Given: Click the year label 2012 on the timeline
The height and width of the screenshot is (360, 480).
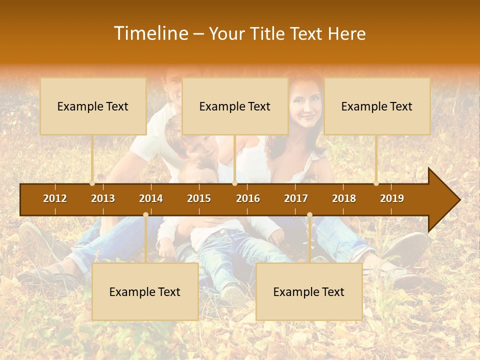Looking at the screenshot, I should pos(55,198).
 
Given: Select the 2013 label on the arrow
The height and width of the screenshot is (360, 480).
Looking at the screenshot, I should pos(103,198).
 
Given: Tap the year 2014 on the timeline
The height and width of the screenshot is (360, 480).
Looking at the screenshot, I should pos(151,198).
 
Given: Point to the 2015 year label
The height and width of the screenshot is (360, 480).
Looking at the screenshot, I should pos(199,198).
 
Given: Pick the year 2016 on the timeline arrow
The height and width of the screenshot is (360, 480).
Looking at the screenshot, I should pos(248,198).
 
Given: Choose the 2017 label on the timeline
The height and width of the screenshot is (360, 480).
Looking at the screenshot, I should pos(296,198).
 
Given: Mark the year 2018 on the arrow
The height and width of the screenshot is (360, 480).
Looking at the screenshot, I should pos(344,198).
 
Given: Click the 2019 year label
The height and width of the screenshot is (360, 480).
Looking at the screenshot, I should pos(392,198).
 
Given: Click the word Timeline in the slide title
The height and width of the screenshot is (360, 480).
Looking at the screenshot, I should pos(150,33).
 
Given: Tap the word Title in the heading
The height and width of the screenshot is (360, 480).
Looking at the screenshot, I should pos(268,34).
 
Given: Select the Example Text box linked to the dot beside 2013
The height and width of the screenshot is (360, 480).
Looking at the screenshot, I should pos(93,106).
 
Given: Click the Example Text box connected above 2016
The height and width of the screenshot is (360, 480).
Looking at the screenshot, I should pos(235,106).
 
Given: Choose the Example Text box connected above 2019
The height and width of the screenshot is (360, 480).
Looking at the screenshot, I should pos(377,106).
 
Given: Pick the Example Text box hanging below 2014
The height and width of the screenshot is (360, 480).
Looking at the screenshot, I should pos(145,291).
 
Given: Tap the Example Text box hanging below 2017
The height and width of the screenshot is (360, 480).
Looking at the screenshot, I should pos(309,291).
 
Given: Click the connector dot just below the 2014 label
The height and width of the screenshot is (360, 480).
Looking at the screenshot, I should pos(145,215).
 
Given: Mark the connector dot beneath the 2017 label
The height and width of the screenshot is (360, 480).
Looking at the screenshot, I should pos(309,215).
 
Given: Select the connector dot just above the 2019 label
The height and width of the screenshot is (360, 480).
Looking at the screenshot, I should pos(376,183).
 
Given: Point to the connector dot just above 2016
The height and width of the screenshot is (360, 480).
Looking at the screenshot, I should pos(234,183).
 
